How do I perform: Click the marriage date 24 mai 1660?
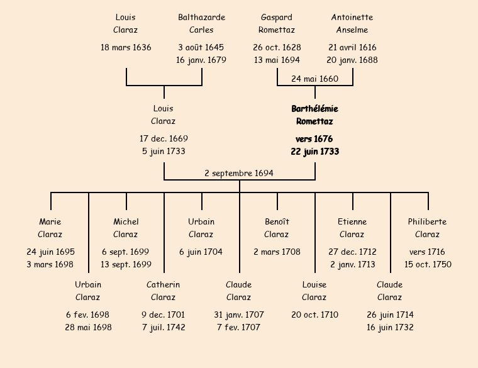(x=314, y=79)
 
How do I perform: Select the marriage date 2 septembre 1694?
(x=239, y=173)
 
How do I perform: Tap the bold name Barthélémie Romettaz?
(x=314, y=115)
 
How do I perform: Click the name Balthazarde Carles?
(x=201, y=23)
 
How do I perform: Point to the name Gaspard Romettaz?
(x=277, y=23)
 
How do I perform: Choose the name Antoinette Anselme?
(x=352, y=23)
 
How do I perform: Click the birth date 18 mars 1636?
(x=126, y=47)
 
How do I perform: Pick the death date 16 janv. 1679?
(x=201, y=60)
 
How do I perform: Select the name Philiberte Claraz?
(x=428, y=228)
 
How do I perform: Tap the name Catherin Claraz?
(x=164, y=291)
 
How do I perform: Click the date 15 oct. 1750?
(x=428, y=264)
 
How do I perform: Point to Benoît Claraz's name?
(x=277, y=228)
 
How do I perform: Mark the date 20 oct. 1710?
(x=314, y=315)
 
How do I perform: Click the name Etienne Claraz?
(x=352, y=228)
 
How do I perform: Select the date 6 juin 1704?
(x=201, y=252)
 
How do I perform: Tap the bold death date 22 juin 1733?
(x=314, y=151)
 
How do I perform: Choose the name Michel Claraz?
(x=126, y=228)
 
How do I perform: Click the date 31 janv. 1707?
(x=239, y=315)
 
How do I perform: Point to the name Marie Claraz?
(x=50, y=228)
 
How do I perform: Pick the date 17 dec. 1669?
(x=164, y=138)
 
